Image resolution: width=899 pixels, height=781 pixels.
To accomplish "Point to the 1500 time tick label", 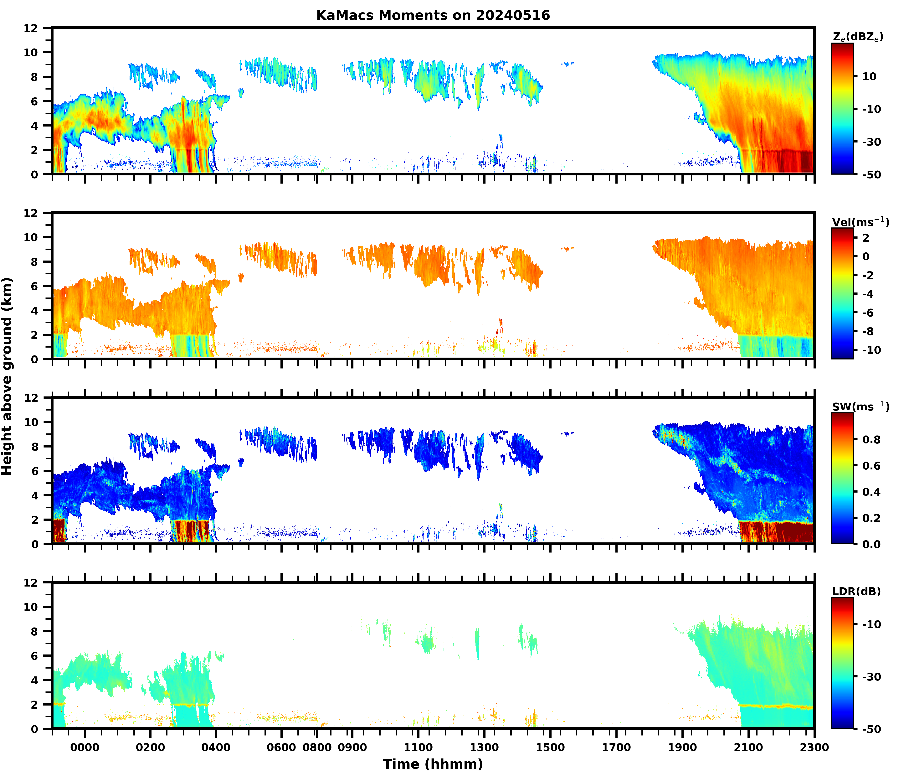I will [x=550, y=747].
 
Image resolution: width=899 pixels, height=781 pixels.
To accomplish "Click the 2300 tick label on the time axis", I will [x=814, y=747].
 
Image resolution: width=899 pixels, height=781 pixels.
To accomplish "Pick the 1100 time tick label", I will [x=418, y=747].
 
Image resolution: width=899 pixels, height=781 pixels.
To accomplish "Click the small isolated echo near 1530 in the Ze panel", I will [x=567, y=64].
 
